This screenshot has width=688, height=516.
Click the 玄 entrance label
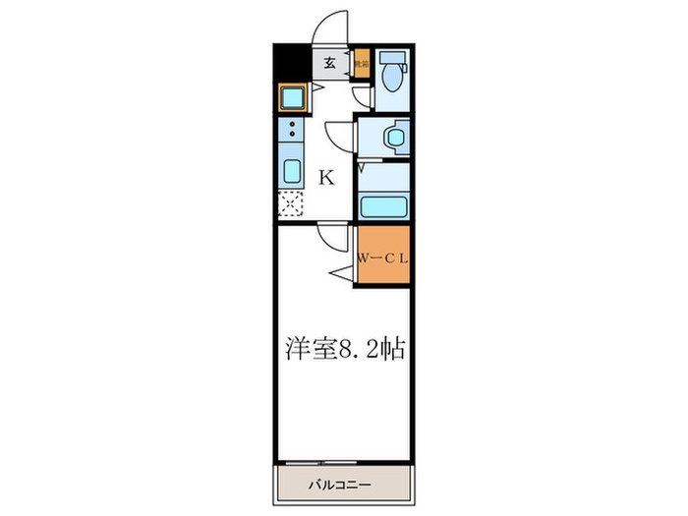point(331,64)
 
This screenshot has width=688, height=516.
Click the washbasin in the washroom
point(395,137)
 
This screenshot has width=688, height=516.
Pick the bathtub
point(383,206)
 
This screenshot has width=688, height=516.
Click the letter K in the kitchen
point(326,178)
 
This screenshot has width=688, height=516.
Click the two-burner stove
point(293,129)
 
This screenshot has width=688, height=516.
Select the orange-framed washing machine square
point(293,98)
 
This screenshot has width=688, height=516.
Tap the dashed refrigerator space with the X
point(292,204)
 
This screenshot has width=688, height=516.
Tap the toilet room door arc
point(362,95)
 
